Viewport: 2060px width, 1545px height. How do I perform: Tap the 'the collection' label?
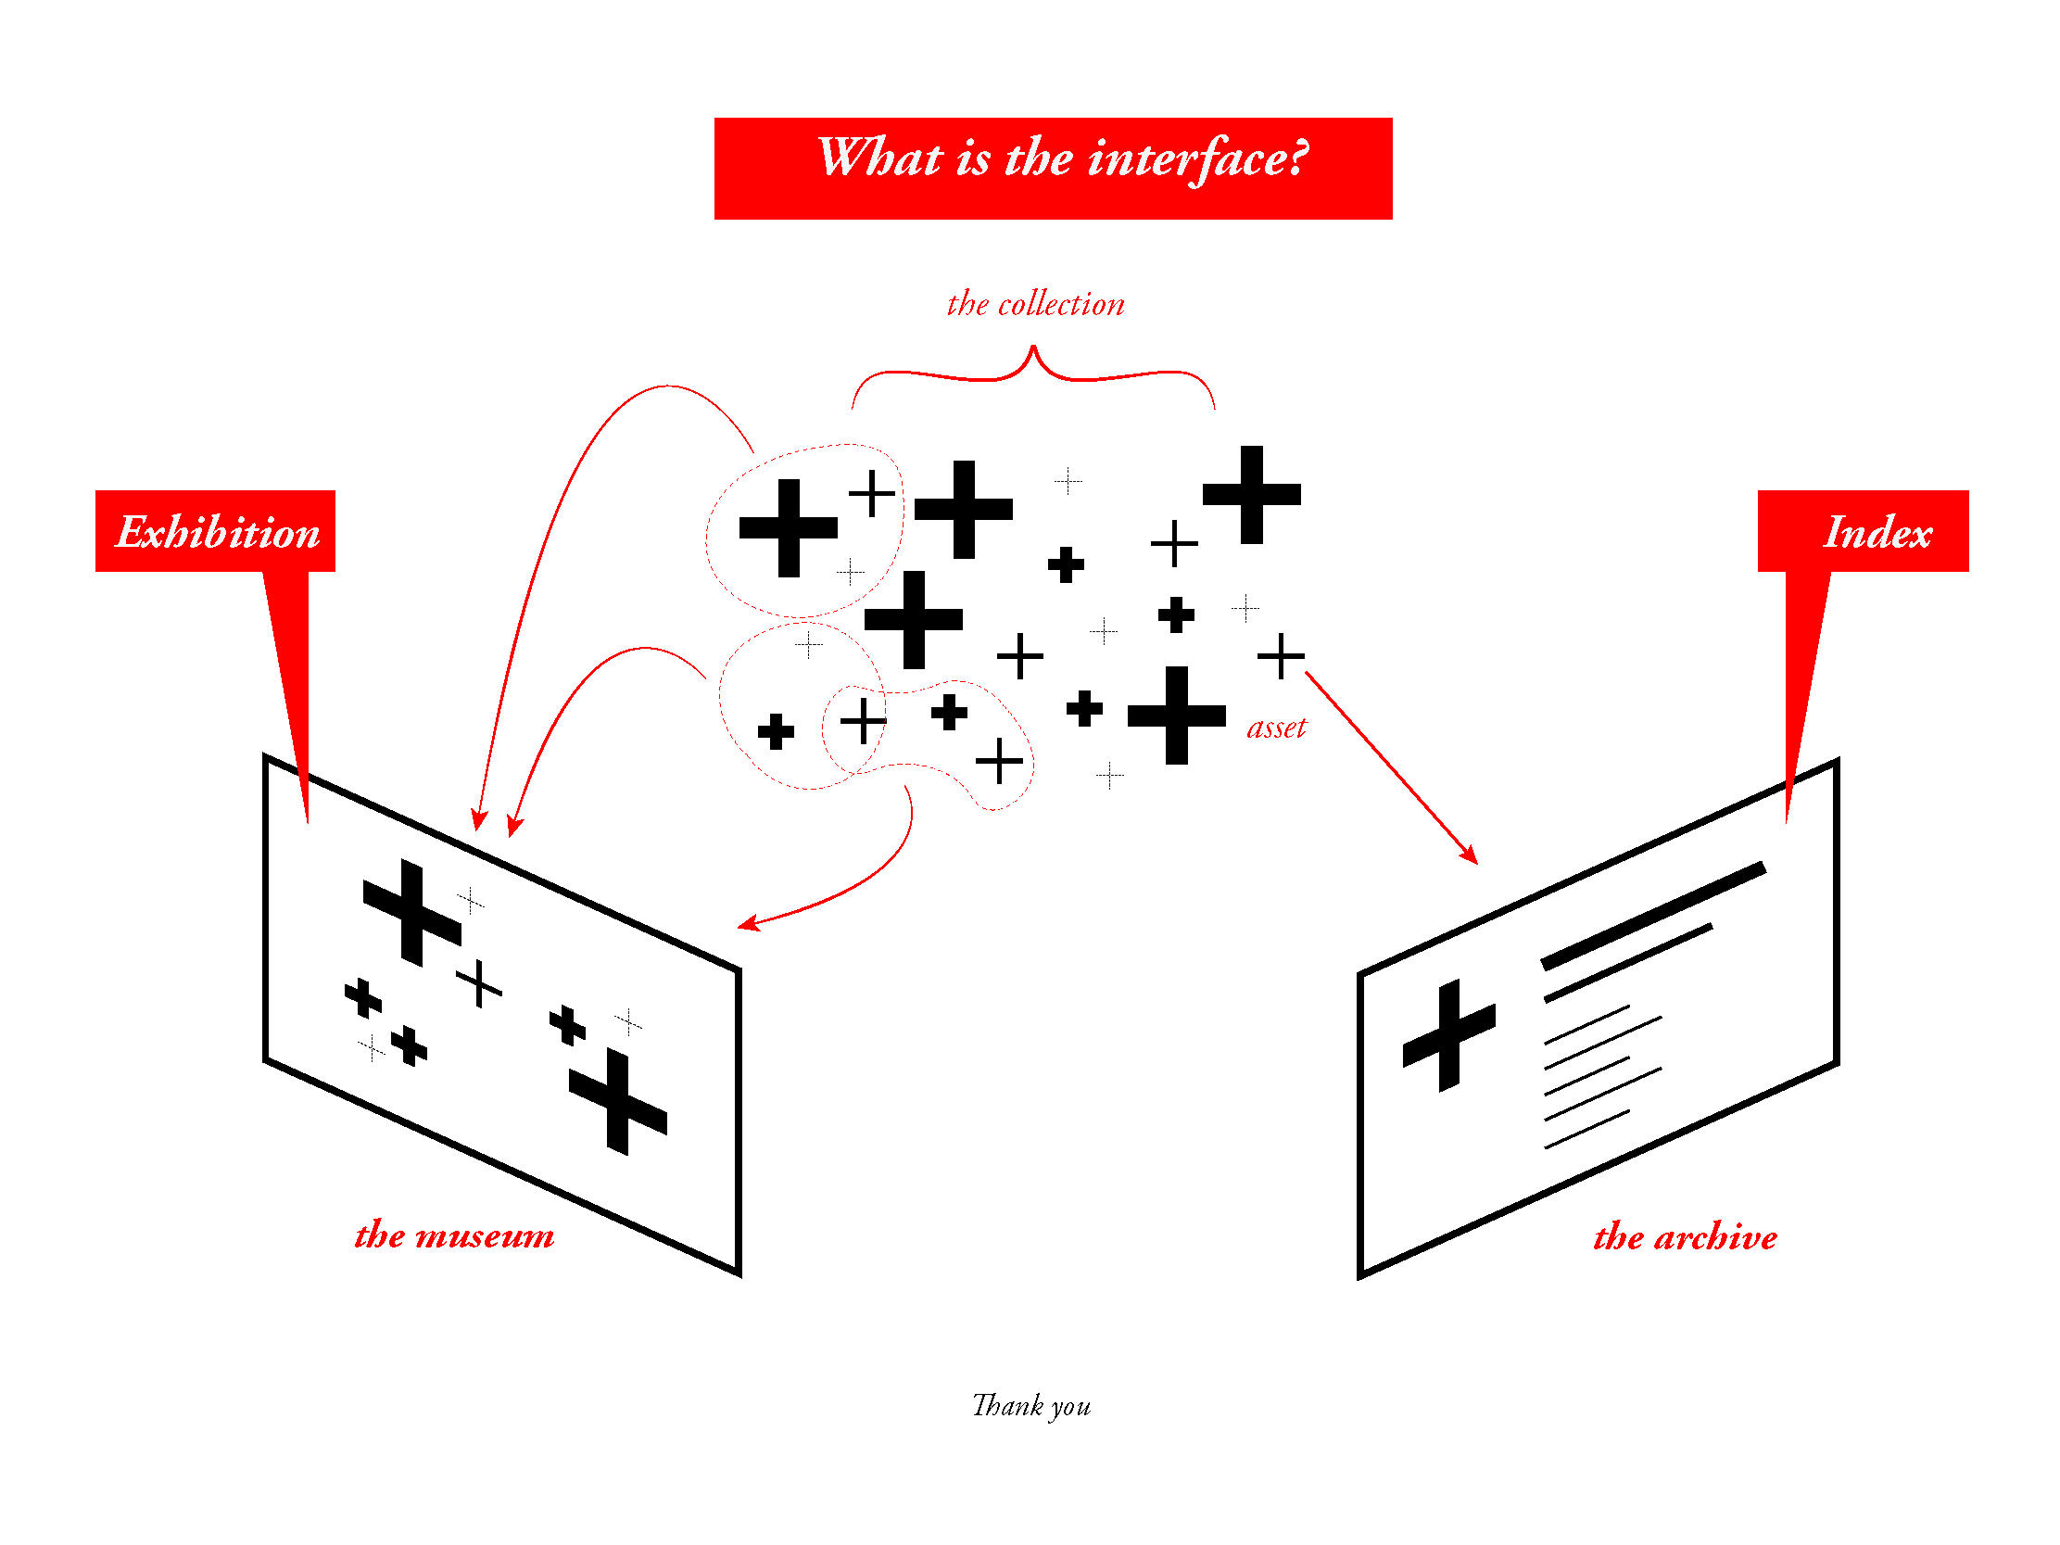click(1035, 305)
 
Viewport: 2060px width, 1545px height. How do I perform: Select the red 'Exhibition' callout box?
click(215, 531)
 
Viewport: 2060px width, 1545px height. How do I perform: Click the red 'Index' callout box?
click(1863, 531)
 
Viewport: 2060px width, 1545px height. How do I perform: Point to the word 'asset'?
click(1276, 728)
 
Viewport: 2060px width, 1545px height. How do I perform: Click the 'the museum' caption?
click(453, 1235)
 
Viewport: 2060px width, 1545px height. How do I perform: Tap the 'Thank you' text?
click(1031, 1405)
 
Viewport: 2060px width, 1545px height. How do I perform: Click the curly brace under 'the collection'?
click(1033, 368)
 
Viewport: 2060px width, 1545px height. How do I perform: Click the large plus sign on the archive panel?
click(1448, 1034)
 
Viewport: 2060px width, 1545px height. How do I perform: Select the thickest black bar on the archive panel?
click(1653, 916)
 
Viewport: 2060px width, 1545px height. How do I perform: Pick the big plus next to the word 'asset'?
click(1176, 716)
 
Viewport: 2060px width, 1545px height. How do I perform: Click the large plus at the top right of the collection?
click(1252, 495)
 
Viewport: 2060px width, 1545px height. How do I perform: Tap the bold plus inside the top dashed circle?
click(788, 528)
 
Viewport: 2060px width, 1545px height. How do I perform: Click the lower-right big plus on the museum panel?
click(617, 1101)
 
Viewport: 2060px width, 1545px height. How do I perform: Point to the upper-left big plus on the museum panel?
click(411, 913)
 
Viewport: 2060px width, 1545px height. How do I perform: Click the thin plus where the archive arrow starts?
click(1281, 655)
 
